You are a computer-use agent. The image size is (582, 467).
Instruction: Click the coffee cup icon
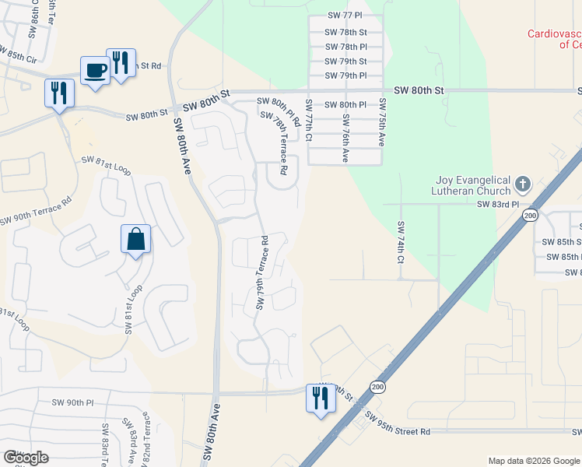[96, 71]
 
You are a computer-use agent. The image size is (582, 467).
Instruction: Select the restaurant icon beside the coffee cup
[120, 62]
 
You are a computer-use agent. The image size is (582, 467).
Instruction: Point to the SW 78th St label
[346, 32]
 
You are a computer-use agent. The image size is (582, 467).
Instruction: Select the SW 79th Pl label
[346, 75]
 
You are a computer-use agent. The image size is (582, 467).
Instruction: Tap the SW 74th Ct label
[401, 241]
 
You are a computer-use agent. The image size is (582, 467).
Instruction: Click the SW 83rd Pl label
[497, 204]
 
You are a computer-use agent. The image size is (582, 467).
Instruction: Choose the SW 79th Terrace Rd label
[261, 272]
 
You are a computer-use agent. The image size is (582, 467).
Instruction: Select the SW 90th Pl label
[72, 402]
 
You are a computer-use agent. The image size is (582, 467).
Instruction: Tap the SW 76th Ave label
[345, 141]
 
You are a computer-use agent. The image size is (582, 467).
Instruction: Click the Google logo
[26, 458]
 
